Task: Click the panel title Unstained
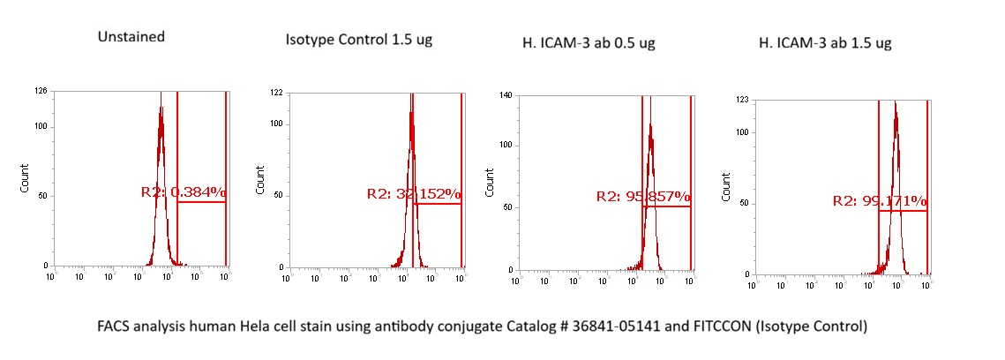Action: coord(131,37)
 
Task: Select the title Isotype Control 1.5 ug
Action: coord(358,41)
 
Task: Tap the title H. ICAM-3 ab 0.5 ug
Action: coord(589,42)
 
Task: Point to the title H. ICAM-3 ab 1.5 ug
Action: coord(825,42)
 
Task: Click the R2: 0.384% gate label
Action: coord(184,191)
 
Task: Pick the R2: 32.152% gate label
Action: coord(414,194)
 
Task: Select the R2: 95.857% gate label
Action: coord(643,197)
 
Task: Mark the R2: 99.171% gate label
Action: coord(880,201)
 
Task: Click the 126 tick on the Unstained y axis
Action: coord(41,91)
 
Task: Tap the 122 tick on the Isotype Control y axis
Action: coord(275,93)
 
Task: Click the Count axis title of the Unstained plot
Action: coord(25,178)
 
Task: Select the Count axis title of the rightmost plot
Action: coord(726,185)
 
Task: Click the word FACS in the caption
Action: coord(114,326)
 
